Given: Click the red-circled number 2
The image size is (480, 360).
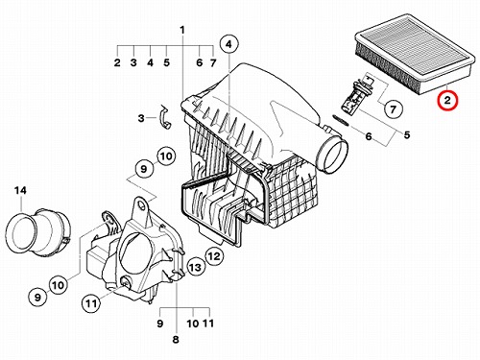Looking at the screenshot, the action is click(447, 101).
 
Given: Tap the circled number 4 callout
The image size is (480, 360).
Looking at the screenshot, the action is click(228, 44).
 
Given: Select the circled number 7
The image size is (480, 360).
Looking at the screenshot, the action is click(393, 109).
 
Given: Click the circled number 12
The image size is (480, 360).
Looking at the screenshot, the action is click(214, 255).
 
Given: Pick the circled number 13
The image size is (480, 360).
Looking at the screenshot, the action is click(195, 267).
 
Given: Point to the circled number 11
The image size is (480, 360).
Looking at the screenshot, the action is click(91, 302).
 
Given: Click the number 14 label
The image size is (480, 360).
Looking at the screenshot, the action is click(20, 191).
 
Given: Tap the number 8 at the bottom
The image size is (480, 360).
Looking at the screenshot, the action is click(176, 340).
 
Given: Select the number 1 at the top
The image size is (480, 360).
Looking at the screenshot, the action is click(182, 31).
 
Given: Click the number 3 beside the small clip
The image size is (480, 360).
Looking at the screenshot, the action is click(141, 118).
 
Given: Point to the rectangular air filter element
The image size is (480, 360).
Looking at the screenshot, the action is click(415, 53).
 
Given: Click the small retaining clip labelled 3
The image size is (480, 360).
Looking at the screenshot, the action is click(164, 116).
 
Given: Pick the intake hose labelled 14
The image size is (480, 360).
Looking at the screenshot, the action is click(37, 232).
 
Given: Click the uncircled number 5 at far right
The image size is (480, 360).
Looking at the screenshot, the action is click(407, 134).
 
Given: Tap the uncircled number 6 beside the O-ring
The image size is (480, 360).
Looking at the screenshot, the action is click(369, 136).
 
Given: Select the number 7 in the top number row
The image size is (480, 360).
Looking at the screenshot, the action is click(213, 62).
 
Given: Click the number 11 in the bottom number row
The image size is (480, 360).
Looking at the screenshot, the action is click(208, 324).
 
